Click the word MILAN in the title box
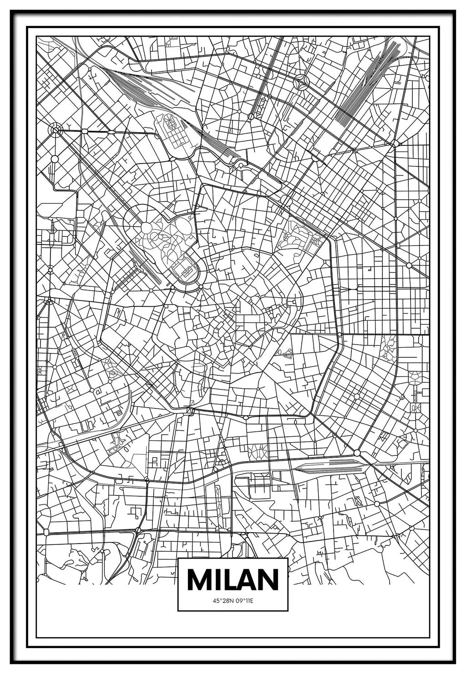coord(233,579)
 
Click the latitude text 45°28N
coord(222,600)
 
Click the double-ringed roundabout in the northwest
coord(56,130)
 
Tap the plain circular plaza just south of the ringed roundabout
coord(55,159)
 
